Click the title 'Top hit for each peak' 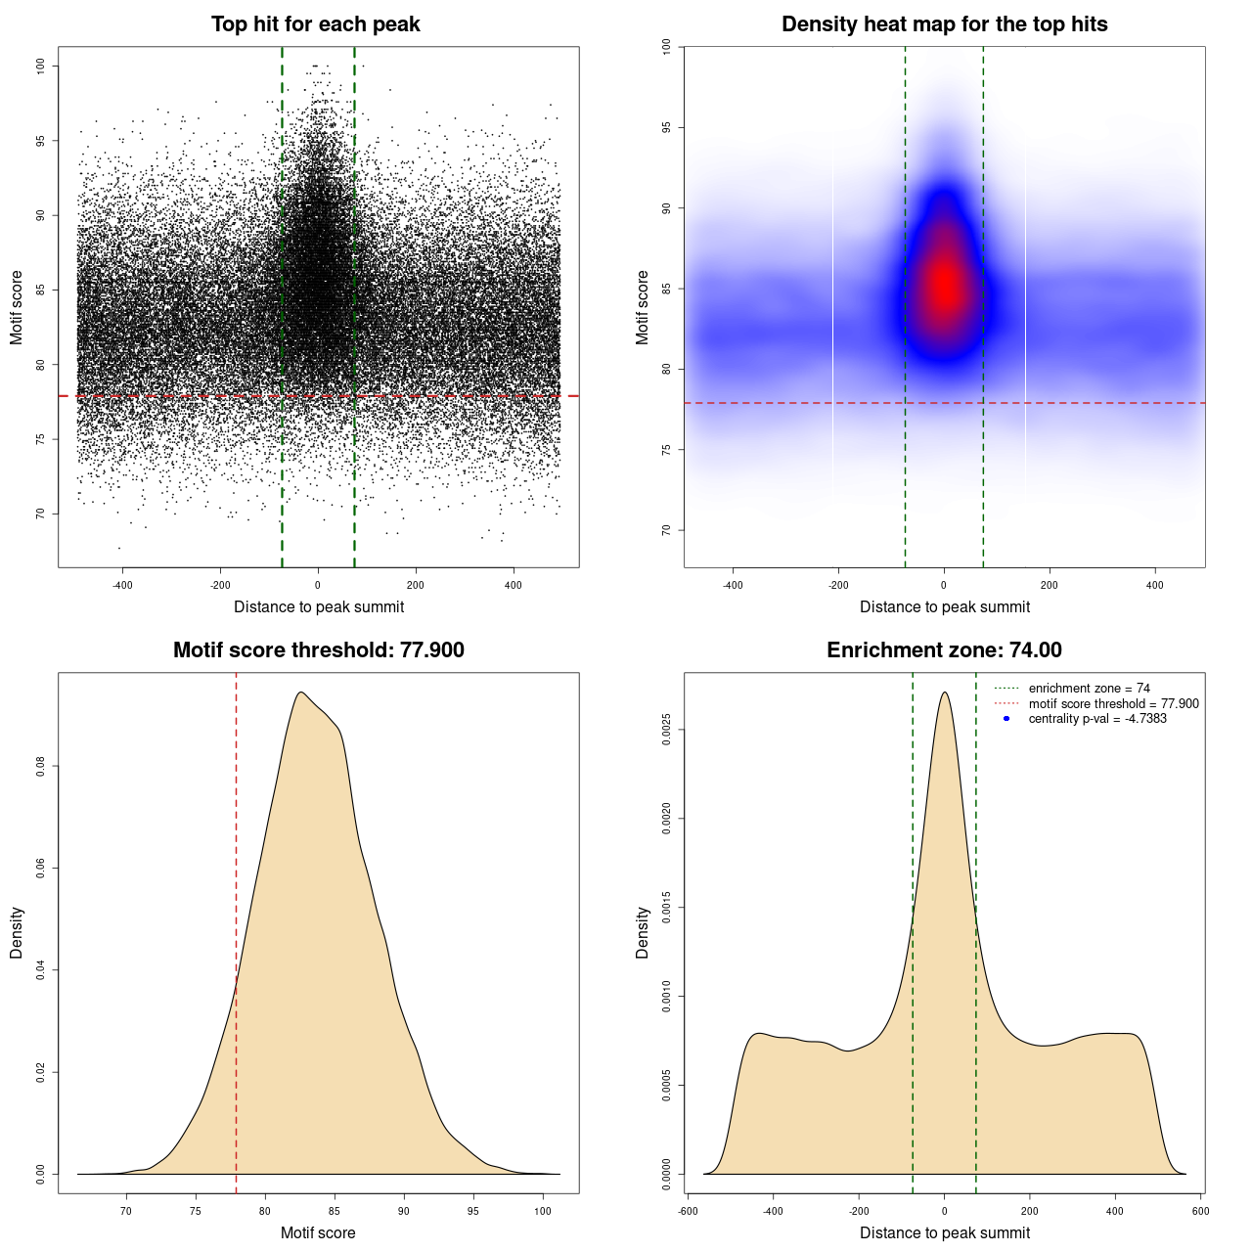click(315, 24)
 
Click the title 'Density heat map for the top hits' click(944, 24)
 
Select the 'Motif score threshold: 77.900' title click(318, 650)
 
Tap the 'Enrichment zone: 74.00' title click(944, 650)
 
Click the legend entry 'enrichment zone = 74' click(1089, 689)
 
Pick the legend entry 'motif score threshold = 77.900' click(1113, 703)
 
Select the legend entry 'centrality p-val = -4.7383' click(1097, 719)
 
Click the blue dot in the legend click(1006, 719)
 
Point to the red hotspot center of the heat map click(945, 287)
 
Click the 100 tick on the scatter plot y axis click(41, 66)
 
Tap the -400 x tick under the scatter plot click(122, 585)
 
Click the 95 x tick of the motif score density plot click(473, 1211)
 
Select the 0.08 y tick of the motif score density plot click(41, 766)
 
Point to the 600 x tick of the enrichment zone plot click(1200, 1211)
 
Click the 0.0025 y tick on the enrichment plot click(667, 730)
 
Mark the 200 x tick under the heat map click(1050, 585)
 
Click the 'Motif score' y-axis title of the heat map click(642, 307)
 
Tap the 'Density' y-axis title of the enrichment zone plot click(642, 932)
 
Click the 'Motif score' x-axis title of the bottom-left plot click(318, 1232)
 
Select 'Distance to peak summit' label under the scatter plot click(319, 606)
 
